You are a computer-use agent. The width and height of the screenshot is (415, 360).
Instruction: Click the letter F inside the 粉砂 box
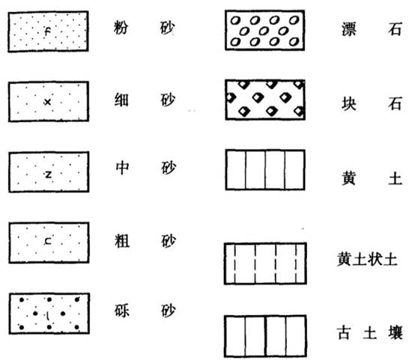point(48,31)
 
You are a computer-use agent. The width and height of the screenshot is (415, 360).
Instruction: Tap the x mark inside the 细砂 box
point(47,102)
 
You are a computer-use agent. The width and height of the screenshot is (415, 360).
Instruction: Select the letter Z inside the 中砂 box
point(48,174)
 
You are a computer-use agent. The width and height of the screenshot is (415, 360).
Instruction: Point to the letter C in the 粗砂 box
point(48,241)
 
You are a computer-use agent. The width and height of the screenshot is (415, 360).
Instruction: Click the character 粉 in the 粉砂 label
point(121,28)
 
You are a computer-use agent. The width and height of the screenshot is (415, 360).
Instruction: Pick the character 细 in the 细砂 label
point(121,100)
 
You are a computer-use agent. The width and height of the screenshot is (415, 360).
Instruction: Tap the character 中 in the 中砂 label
point(122,168)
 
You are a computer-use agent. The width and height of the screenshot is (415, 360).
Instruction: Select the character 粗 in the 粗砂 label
point(122,241)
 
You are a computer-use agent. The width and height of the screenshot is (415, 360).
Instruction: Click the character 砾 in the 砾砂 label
point(122,311)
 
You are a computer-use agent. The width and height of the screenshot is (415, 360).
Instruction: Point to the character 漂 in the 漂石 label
point(349,29)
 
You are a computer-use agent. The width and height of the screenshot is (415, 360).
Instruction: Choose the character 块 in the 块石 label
point(349,103)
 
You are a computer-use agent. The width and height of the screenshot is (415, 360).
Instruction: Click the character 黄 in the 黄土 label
point(348,178)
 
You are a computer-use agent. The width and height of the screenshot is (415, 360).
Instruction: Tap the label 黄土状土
point(367,259)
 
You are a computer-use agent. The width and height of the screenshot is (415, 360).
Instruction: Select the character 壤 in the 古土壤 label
point(396,333)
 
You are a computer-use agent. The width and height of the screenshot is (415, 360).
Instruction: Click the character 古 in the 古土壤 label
point(344,333)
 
